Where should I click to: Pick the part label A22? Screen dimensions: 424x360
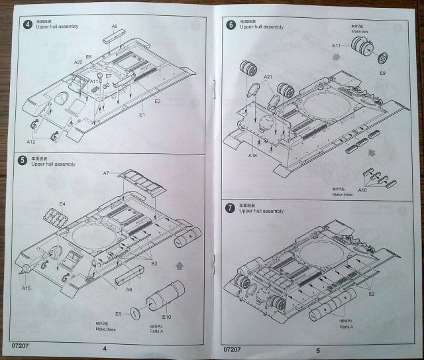[78, 62]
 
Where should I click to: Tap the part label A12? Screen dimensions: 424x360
[31, 142]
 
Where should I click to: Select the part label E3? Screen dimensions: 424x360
[158, 101]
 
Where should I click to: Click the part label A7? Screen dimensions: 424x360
[106, 173]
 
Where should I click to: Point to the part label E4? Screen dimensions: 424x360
[62, 204]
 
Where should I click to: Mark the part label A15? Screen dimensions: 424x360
[26, 288]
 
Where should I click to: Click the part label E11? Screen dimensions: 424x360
[336, 46]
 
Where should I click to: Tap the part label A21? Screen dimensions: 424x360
[268, 77]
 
